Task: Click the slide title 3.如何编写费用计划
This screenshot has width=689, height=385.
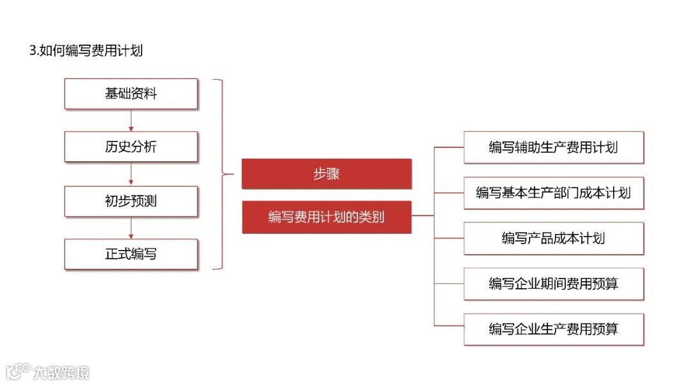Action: click(x=86, y=51)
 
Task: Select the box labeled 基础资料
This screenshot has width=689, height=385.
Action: click(x=131, y=94)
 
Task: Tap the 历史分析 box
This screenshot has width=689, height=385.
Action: click(x=131, y=147)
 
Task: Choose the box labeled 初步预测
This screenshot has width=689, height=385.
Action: click(x=131, y=201)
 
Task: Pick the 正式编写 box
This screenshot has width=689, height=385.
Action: click(x=131, y=254)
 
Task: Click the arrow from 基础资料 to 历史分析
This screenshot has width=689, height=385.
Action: click(x=131, y=120)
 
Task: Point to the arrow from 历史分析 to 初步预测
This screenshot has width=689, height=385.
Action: click(x=131, y=173)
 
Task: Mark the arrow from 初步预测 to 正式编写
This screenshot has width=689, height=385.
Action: click(x=131, y=228)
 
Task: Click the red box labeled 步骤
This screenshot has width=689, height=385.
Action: click(x=326, y=174)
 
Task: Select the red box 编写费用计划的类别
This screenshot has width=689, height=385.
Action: click(x=326, y=217)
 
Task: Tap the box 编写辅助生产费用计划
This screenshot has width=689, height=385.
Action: click(x=553, y=147)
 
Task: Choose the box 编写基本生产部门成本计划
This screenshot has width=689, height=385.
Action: click(x=553, y=192)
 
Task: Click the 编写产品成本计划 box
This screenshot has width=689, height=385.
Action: click(x=553, y=238)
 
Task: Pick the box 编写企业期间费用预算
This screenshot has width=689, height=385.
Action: click(x=553, y=284)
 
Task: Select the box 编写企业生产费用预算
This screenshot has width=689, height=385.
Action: click(x=553, y=329)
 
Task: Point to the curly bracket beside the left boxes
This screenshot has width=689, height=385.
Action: click(x=221, y=173)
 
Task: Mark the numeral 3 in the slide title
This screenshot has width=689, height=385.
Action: click(x=33, y=51)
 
